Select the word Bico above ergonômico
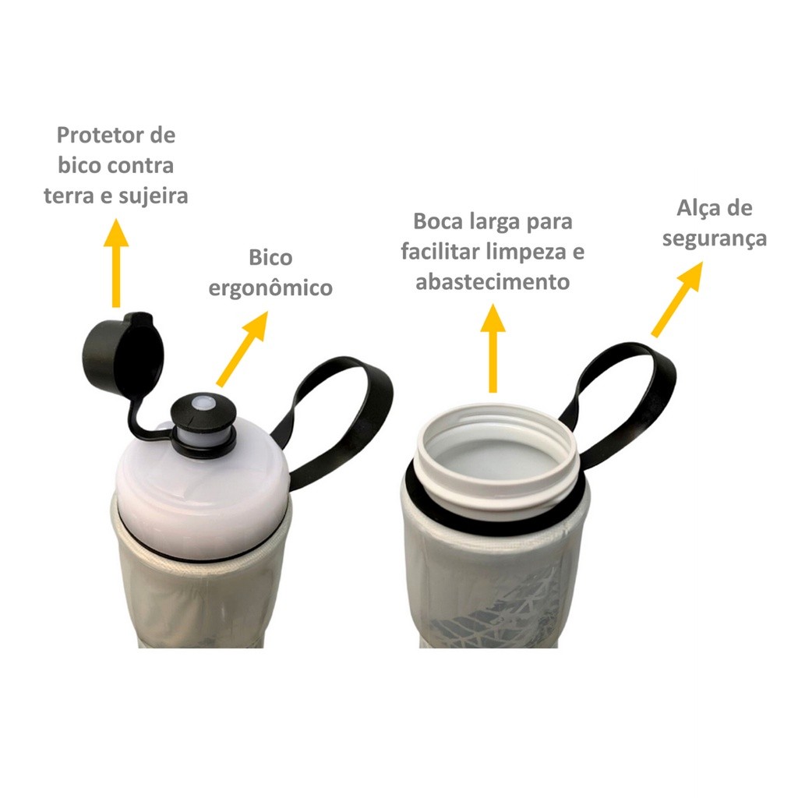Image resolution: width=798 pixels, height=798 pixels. [x=270, y=257]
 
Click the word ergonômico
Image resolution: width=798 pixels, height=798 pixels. [x=270, y=288]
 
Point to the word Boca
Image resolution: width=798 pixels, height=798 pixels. [x=438, y=221]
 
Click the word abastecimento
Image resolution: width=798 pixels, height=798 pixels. [x=493, y=282]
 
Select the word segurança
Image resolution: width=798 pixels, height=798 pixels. [x=714, y=238]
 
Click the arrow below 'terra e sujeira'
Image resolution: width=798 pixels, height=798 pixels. [x=116, y=263]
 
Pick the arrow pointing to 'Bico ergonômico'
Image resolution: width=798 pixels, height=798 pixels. [x=242, y=348]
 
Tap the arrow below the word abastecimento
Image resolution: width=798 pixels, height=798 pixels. [x=493, y=348]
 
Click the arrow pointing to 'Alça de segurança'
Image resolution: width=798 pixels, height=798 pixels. [x=677, y=299]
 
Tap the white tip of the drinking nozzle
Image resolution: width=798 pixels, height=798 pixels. [x=203, y=402]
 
